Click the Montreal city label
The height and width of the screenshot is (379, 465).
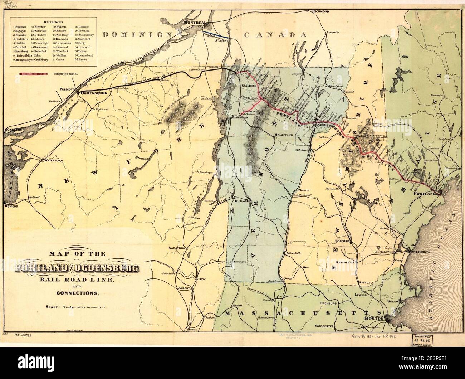point(194,22)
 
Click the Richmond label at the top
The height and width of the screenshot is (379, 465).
point(320,11)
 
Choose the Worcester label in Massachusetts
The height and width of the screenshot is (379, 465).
point(325,326)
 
